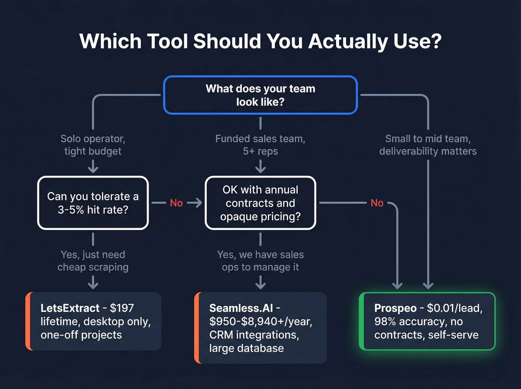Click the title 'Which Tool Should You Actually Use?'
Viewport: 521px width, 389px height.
(x=260, y=41)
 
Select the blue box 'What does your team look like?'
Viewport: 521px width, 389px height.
(x=260, y=95)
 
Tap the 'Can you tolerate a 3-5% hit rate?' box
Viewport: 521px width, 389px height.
(x=93, y=203)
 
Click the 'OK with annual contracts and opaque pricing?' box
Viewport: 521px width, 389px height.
(x=260, y=203)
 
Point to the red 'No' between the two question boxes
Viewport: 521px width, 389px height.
(x=176, y=203)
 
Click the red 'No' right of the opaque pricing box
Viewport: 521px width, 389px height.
(x=377, y=203)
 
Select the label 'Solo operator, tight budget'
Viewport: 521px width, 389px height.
(x=93, y=145)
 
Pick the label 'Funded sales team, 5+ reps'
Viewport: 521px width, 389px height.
(x=260, y=145)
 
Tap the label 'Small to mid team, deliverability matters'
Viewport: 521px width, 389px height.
(x=428, y=145)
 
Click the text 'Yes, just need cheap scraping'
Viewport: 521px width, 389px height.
(x=93, y=261)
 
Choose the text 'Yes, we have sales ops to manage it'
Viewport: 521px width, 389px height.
(x=260, y=261)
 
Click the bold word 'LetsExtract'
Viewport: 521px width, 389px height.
(x=70, y=308)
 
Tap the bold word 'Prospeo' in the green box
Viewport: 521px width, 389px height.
(x=395, y=308)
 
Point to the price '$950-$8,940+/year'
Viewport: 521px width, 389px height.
(x=260, y=321)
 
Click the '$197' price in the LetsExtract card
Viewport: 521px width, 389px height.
(x=122, y=308)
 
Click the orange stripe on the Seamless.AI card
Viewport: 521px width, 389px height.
(x=197, y=328)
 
